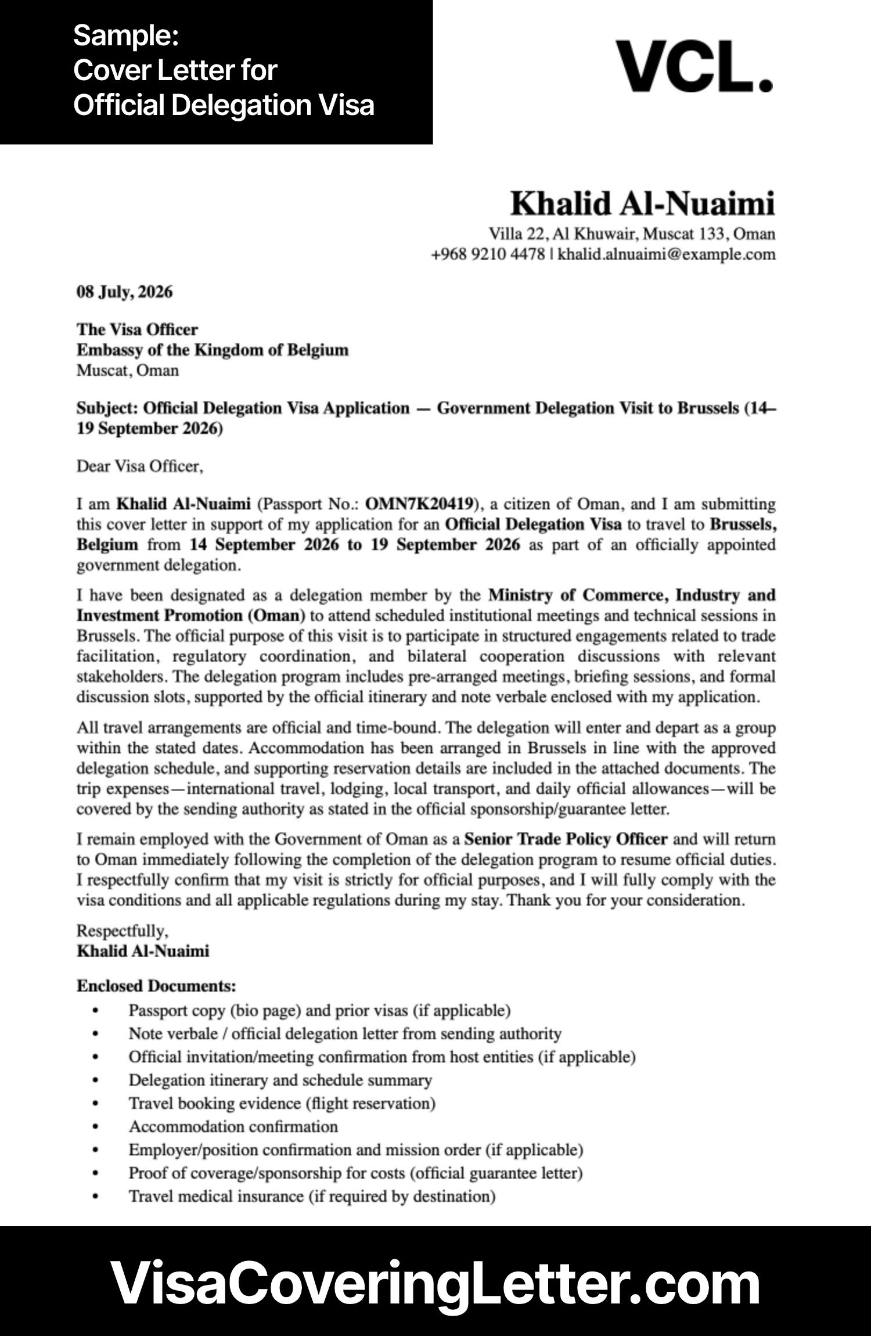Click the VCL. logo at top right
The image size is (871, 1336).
[694, 66]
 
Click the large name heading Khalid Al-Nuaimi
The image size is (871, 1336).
[642, 204]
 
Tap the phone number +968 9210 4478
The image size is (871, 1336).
[487, 254]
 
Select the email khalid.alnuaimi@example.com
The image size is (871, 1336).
[666, 254]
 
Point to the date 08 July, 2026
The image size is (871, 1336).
[124, 292]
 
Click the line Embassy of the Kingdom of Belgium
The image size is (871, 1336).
[213, 350]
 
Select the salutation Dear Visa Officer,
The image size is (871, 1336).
[140, 466]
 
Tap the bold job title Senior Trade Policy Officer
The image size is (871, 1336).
[566, 839]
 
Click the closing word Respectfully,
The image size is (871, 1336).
[122, 931]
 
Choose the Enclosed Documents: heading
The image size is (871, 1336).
[156, 986]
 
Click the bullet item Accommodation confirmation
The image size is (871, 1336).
[233, 1126]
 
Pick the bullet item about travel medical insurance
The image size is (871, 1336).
[312, 1196]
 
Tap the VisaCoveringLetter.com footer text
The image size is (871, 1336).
[435, 1283]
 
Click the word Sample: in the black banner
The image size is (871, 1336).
[125, 36]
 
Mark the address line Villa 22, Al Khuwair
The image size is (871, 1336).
[632, 234]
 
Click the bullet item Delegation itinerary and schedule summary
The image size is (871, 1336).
[280, 1080]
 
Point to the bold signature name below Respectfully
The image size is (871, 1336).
[143, 951]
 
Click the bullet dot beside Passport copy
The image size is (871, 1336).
[96, 1011]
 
